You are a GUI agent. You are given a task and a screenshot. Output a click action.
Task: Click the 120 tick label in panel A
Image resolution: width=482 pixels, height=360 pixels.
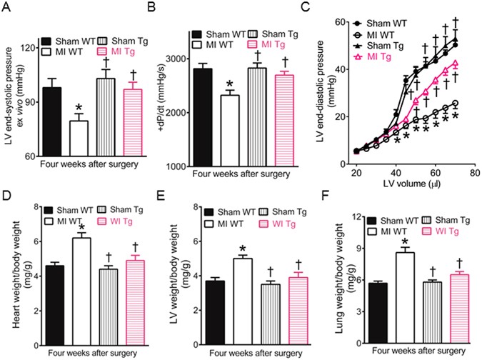point(31,48)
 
